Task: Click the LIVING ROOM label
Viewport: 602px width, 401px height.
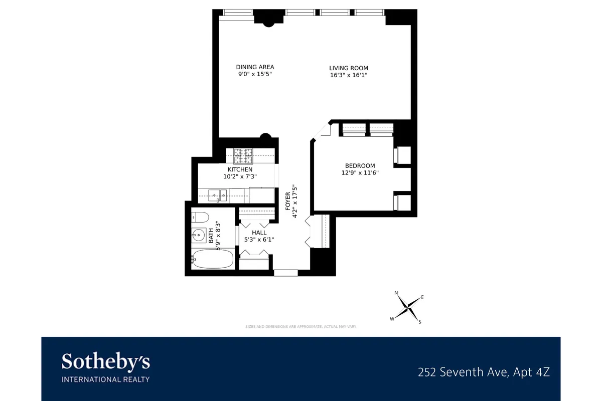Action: click(349, 68)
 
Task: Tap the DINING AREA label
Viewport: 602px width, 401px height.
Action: click(255, 67)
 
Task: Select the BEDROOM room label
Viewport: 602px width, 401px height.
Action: click(360, 166)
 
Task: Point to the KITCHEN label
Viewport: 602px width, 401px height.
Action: click(240, 169)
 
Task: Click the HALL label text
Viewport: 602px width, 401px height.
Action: click(259, 233)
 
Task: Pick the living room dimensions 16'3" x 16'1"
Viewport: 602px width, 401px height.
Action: click(349, 75)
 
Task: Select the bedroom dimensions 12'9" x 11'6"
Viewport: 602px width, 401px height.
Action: click(360, 173)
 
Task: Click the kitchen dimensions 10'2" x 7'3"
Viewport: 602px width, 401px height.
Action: click(240, 176)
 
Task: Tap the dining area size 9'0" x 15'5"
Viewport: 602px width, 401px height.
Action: click(255, 74)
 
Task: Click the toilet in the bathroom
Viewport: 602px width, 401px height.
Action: click(200, 218)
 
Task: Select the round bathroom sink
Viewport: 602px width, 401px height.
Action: click(199, 235)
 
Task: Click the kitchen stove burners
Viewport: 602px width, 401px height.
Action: click(243, 156)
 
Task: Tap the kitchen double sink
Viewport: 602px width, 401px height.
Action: click(218, 194)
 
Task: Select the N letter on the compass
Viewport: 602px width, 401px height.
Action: click(396, 293)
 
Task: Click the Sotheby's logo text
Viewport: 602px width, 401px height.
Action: click(105, 362)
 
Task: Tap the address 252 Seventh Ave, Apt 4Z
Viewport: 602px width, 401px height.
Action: click(484, 372)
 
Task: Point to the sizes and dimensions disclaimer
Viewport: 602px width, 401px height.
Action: click(300, 326)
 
